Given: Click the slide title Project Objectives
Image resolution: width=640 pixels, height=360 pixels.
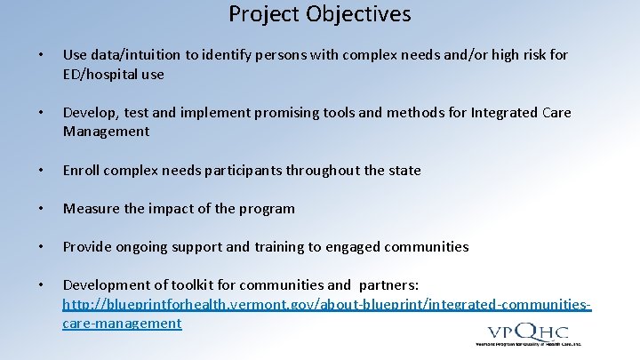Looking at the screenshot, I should point(320,15).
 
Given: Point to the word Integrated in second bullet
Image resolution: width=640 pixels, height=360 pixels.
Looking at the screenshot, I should point(503,113).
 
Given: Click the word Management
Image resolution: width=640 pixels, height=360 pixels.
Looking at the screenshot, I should point(106,132).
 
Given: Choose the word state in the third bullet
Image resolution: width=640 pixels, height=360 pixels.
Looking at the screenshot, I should point(404,170).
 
